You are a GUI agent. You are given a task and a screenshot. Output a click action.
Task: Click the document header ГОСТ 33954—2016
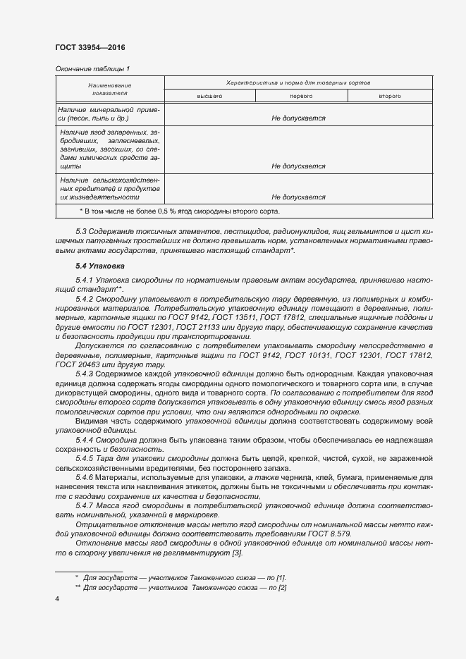tap(90, 48)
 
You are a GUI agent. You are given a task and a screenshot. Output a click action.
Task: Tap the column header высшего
tap(209, 95)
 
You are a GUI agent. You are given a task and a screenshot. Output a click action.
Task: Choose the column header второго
tap(389, 95)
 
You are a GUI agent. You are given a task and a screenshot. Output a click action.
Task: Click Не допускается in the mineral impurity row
tap(298, 118)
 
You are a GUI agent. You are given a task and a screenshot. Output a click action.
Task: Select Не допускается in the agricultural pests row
tap(298, 198)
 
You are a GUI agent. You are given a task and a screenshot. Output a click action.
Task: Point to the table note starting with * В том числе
tap(180, 211)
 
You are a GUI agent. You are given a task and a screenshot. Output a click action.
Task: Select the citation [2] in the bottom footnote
tap(281, 587)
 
